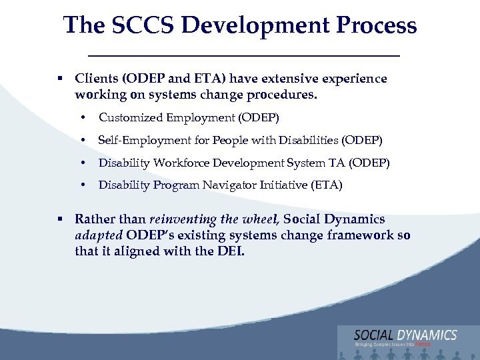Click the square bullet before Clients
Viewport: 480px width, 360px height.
click(60, 79)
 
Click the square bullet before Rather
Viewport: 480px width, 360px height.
click(60, 219)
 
